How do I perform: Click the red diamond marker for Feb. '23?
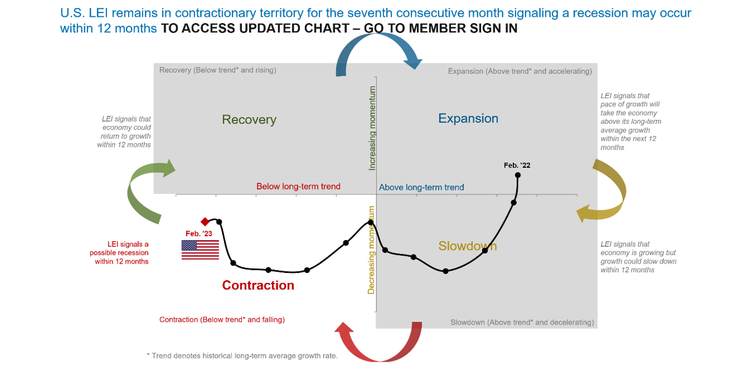pos(205,222)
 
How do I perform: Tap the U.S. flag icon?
pos(200,249)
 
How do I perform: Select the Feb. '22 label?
pos(517,165)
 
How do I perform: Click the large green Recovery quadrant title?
pos(249,119)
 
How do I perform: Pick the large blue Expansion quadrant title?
pos(468,118)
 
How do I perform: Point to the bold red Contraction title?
pos(258,285)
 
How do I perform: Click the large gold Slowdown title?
pos(467,246)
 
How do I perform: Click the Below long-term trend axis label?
pos(298,187)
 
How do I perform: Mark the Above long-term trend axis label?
pos(421,187)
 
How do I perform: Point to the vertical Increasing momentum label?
pos(372,128)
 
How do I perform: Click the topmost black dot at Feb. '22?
pos(518,175)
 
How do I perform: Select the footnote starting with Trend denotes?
pos(242,356)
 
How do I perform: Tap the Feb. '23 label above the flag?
pos(199,234)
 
